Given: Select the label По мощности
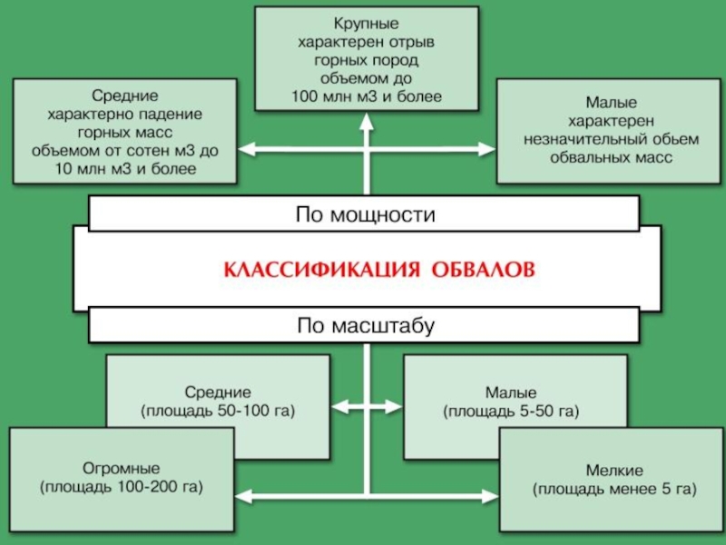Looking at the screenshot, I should tap(367, 215).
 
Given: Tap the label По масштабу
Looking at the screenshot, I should tap(367, 324).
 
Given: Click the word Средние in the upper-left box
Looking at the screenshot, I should tap(125, 95).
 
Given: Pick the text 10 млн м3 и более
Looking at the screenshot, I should tap(125, 170).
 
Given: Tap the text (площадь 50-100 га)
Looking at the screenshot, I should tap(218, 411).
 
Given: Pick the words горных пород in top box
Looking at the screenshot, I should tap(367, 59).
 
